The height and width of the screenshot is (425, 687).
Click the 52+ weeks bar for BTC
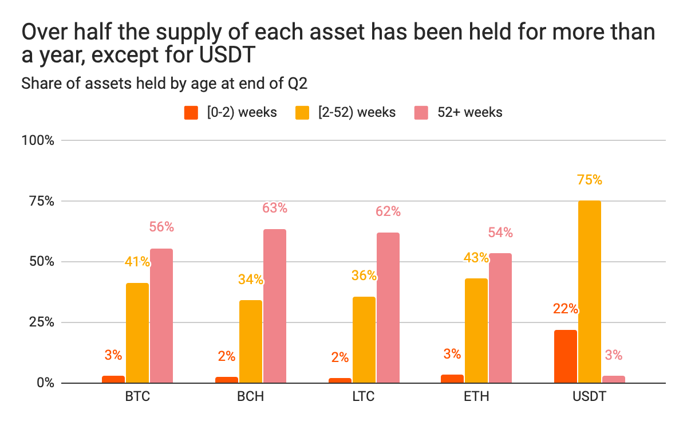tap(161, 316)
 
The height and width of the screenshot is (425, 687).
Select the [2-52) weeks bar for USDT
tap(590, 292)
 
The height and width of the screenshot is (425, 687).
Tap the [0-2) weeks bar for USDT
tap(566, 356)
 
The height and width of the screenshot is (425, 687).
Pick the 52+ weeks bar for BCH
tap(275, 306)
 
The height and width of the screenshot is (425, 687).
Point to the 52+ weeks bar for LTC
tap(388, 308)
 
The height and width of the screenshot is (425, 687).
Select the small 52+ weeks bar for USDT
tap(614, 379)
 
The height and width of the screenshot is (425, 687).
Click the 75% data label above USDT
tap(590, 180)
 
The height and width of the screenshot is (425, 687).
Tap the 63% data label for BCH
tap(275, 208)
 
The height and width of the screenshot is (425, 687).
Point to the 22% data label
tap(566, 309)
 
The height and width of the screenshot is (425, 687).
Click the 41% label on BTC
tap(137, 262)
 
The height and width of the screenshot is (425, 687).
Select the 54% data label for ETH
tap(500, 233)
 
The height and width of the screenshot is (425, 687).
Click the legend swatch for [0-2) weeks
tap(191, 112)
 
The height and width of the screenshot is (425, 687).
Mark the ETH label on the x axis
tap(476, 397)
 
